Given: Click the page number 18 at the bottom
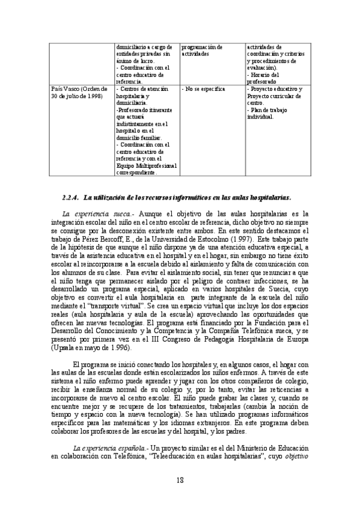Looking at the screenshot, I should pyautogui.click(x=180, y=479).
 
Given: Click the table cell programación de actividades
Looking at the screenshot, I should pyautogui.click(x=202, y=50).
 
